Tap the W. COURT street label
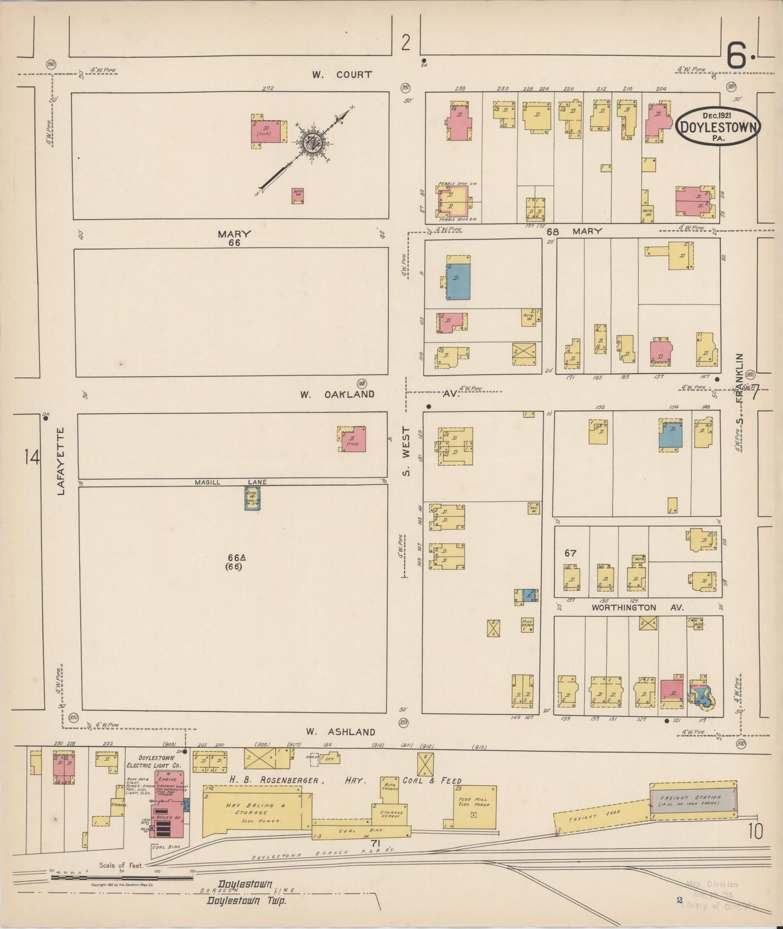pos(341,74)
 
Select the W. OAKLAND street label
pos(337,394)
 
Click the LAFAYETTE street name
pos(61,461)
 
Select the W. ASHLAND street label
pos(340,732)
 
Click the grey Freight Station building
pos(694,800)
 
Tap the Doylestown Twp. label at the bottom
pos(246,901)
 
